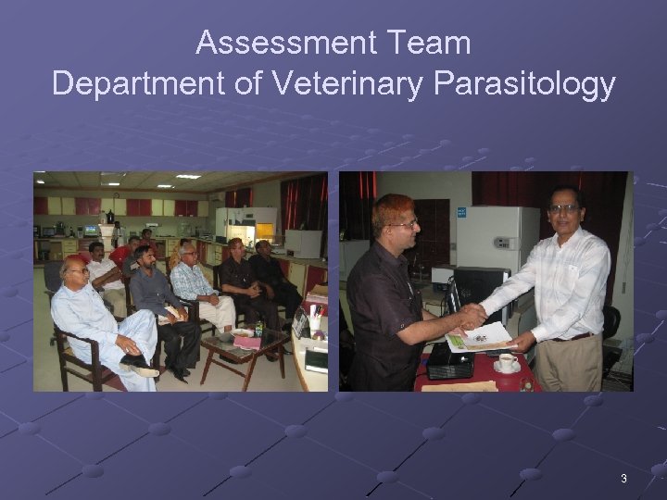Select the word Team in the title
click(x=434, y=43)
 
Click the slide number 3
click(x=623, y=479)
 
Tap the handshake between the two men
click(x=473, y=317)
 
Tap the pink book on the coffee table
click(x=247, y=342)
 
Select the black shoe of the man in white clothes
click(x=136, y=361)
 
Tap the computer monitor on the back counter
click(x=91, y=231)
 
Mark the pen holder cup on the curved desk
click(x=315, y=318)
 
